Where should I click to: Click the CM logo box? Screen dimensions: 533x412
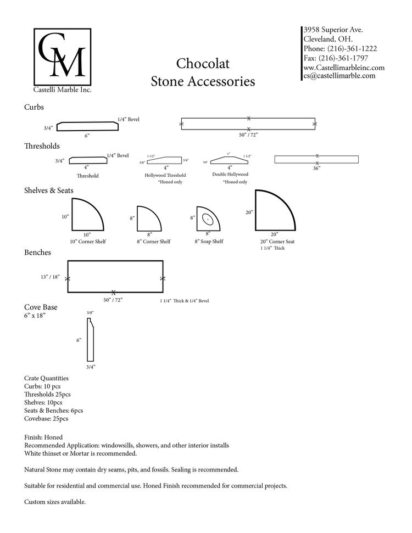click(60, 55)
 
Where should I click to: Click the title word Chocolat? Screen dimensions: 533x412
click(203, 64)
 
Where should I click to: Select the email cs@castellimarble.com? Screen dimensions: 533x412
click(339, 76)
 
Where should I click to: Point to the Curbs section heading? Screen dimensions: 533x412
click(34, 107)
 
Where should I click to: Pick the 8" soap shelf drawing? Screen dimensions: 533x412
click(207, 218)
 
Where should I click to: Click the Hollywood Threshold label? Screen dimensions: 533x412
click(165, 175)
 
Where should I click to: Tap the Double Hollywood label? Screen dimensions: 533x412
click(230, 174)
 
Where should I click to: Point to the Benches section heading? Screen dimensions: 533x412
click(38, 253)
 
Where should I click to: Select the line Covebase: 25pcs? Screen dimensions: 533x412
click(47, 418)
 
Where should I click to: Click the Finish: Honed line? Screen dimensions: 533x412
click(43, 437)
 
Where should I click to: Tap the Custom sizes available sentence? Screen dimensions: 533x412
click(55, 502)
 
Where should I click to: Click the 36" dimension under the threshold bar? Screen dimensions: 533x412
click(316, 168)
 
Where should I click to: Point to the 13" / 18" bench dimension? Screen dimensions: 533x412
click(49, 277)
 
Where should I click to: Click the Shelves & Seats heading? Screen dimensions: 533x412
click(49, 190)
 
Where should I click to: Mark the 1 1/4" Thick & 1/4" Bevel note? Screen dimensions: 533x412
click(184, 301)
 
